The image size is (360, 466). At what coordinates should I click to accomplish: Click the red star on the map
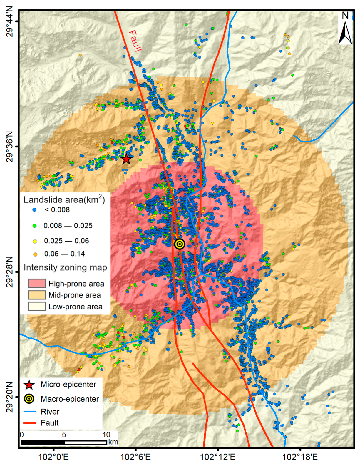(x=126, y=159)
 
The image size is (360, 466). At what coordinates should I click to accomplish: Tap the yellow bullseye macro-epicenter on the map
(x=180, y=244)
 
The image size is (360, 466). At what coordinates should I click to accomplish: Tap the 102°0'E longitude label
(x=53, y=457)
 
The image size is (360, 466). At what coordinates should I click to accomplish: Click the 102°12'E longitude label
(x=218, y=457)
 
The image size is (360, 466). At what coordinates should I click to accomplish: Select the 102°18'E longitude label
(x=300, y=457)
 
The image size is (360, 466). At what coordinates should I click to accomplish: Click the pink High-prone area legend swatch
(x=37, y=284)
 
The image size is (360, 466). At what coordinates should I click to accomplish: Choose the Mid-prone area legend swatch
(x=37, y=295)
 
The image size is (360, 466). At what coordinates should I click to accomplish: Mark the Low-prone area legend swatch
(x=37, y=307)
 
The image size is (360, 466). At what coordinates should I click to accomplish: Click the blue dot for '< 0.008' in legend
(x=35, y=210)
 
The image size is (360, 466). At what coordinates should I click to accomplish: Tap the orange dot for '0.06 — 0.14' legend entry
(x=35, y=254)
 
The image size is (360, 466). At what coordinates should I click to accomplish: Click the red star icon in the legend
(x=29, y=385)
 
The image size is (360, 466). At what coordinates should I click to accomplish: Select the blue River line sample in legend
(x=29, y=412)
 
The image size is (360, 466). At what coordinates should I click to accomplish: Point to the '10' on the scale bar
(x=106, y=435)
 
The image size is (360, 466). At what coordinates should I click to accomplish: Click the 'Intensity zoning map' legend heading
(x=65, y=268)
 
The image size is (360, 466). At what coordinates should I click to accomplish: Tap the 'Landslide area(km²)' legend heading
(x=64, y=200)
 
